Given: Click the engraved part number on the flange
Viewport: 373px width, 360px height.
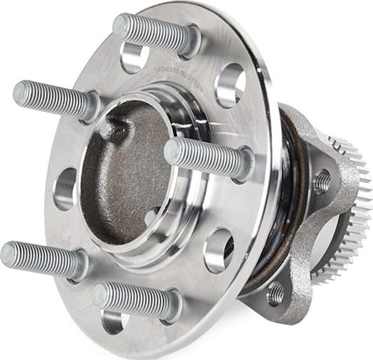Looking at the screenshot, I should [x=189, y=69].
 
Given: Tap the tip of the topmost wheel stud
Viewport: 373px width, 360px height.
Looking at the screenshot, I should [x=121, y=27].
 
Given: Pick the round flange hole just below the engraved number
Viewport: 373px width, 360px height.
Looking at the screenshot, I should [x=229, y=86].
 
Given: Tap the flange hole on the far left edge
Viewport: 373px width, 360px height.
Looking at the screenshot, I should [x=65, y=188].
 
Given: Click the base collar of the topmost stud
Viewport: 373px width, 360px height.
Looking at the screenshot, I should [x=188, y=42].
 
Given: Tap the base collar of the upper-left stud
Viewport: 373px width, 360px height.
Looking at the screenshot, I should [x=89, y=106].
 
